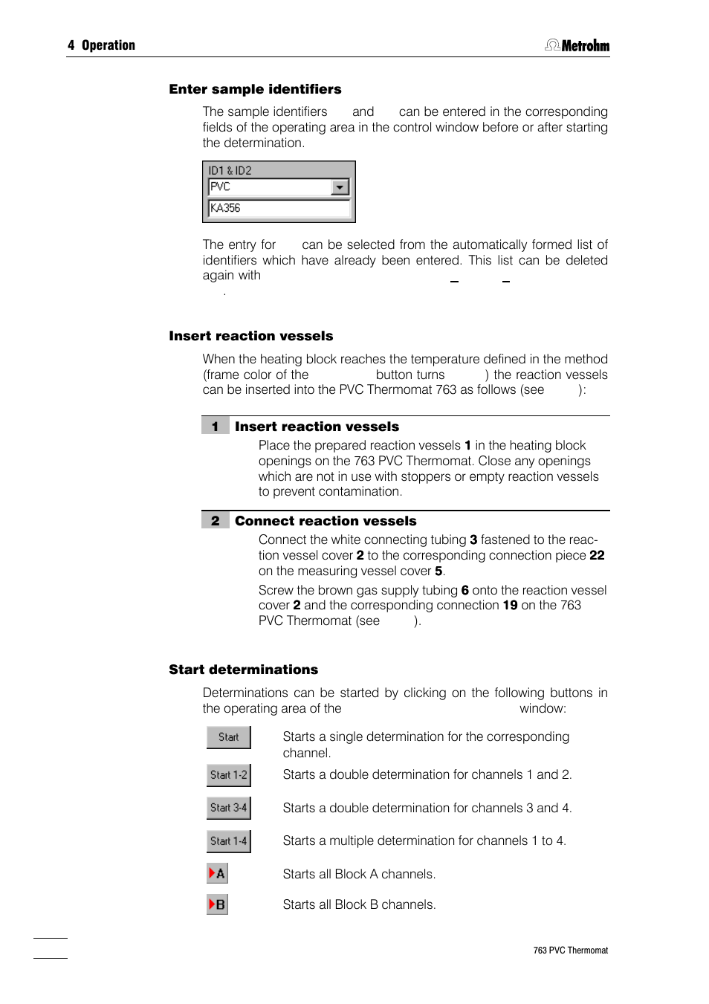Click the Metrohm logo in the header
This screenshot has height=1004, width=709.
pos(577,45)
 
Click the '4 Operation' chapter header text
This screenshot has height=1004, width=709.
pos(101,45)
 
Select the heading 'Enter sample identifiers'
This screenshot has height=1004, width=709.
pos(255,89)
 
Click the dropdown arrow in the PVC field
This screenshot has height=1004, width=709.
pos(340,187)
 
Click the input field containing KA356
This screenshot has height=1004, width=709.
pos(279,208)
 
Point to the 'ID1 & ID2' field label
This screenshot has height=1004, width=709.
pos(230,170)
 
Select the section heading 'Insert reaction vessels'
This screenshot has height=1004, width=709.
pos(250,336)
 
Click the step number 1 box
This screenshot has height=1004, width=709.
pos(215,427)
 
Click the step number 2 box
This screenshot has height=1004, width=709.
pos(215,521)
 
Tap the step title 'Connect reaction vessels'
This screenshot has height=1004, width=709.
pos(326,521)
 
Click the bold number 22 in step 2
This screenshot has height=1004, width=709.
pos(597,555)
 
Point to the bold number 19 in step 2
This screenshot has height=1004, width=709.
pos(510,605)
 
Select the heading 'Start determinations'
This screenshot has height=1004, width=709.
pos(243,670)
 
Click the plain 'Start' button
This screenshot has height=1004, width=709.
pos(228,737)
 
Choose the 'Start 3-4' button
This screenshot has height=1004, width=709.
pos(228,808)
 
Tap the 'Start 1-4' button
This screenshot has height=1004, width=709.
pos(228,841)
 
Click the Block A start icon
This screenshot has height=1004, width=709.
pos(217,873)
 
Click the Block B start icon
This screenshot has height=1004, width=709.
pos(217,904)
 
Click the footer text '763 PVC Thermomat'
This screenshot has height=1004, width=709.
pos(570,950)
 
